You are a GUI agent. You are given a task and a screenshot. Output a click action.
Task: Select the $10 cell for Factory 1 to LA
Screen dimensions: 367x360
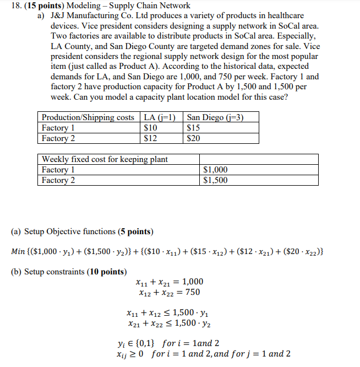[x=150, y=128]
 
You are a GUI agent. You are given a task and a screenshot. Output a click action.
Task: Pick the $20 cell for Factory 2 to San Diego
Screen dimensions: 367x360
[x=194, y=138]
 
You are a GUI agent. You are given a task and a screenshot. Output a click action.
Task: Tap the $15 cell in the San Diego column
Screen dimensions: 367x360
[x=194, y=128]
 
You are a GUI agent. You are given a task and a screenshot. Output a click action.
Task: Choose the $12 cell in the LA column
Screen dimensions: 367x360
[x=150, y=138]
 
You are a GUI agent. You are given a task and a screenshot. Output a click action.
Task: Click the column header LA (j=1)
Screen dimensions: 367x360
[x=161, y=117]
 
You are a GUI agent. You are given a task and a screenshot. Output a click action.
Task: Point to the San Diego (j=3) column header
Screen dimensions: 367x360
[x=215, y=117]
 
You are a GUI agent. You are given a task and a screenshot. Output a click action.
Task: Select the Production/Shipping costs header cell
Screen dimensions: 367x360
[x=88, y=117]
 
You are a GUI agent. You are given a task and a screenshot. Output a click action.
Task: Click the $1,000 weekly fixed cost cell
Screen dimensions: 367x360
[x=215, y=170]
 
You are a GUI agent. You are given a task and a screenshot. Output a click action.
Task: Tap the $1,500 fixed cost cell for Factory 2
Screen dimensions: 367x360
[x=215, y=180]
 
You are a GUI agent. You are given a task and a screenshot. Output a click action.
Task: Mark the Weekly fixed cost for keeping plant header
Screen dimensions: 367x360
[x=105, y=159]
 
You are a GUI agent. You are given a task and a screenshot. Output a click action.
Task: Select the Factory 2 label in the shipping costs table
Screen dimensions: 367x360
[x=58, y=138]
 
